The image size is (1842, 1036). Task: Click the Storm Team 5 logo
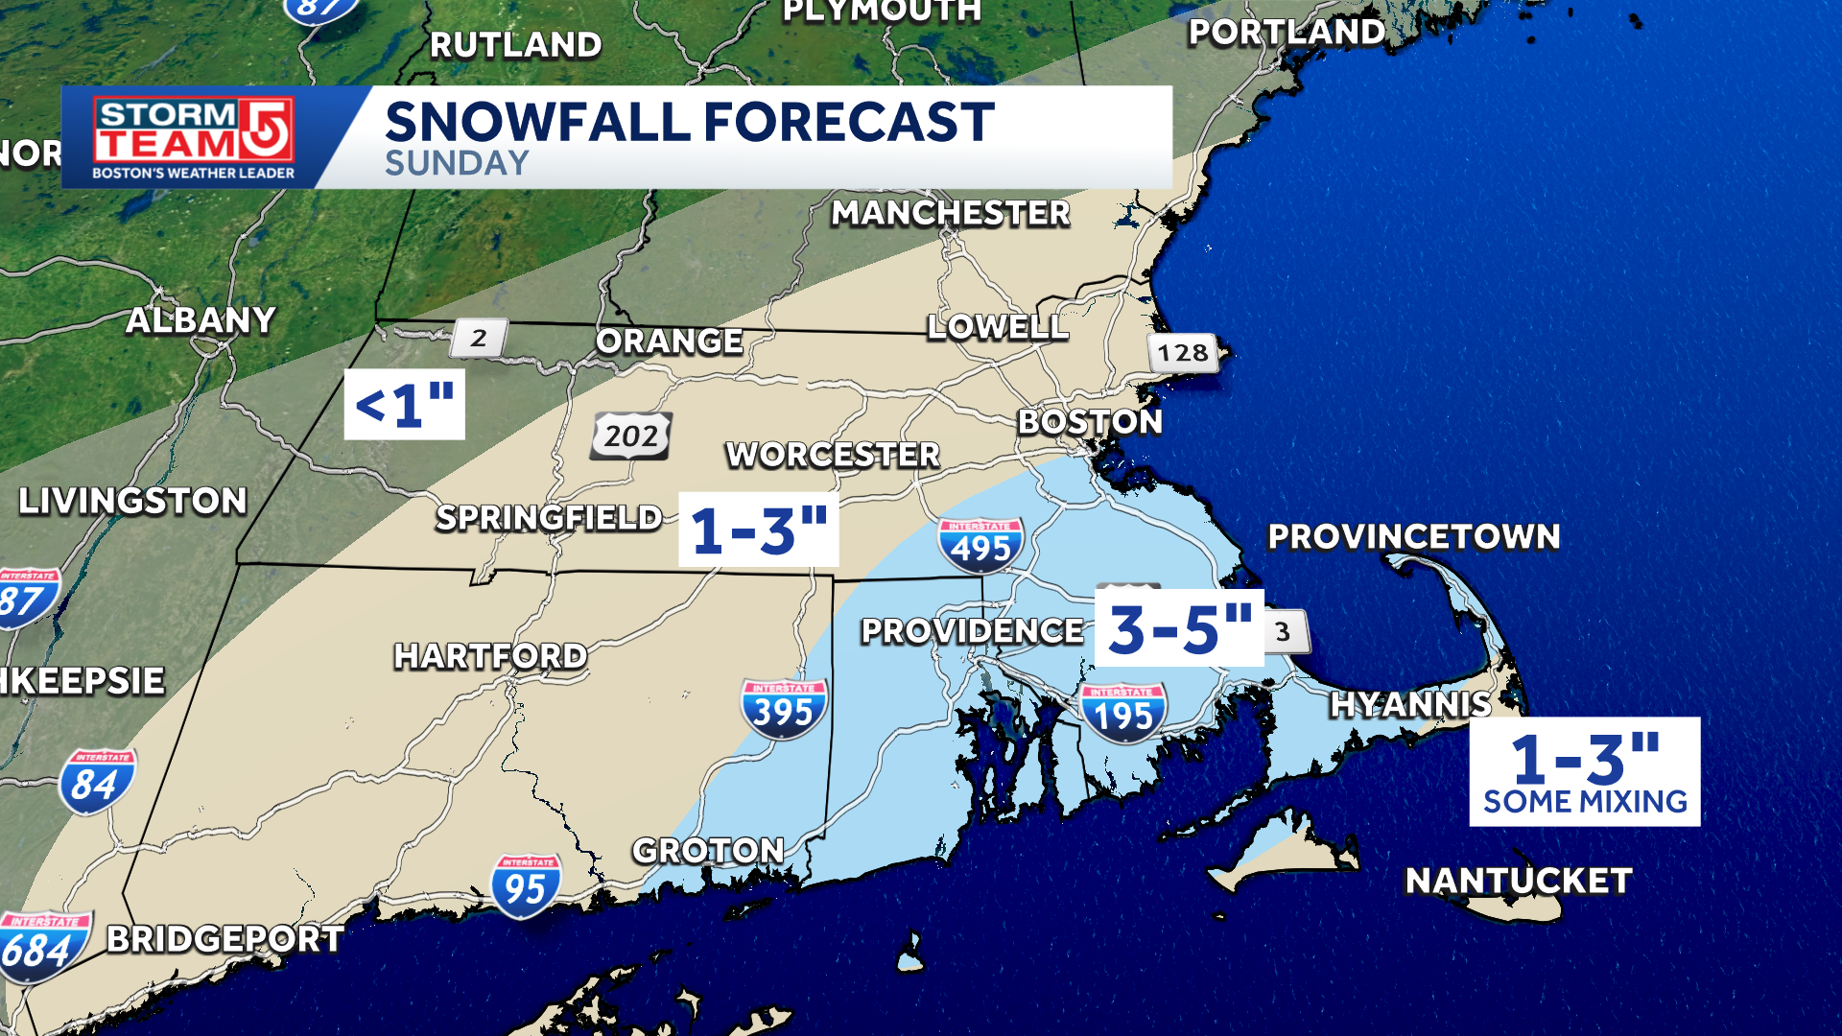coord(193,137)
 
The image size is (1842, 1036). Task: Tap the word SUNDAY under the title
coord(457,163)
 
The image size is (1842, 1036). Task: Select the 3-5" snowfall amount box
coord(1179,628)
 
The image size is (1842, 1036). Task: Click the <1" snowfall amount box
coord(404,404)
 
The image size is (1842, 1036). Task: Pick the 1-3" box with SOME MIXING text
coord(1584,771)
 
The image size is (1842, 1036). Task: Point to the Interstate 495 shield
coord(980,545)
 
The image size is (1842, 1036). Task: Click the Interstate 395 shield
coord(783,709)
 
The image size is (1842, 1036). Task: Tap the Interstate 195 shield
coord(1122,713)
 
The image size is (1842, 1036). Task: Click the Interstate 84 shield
coord(96,782)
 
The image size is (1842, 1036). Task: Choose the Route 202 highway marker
coord(630,436)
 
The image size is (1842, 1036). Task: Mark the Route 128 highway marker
coord(1183,353)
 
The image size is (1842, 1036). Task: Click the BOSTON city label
coord(1090,421)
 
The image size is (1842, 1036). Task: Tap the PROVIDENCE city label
coord(972,630)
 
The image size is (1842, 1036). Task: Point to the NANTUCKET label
coord(1518,880)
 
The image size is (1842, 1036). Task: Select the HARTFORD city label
coord(490,656)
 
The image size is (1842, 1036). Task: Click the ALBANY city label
coord(201,320)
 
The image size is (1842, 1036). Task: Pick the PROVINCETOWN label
coord(1413,536)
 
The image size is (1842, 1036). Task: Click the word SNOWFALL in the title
coord(537,122)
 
